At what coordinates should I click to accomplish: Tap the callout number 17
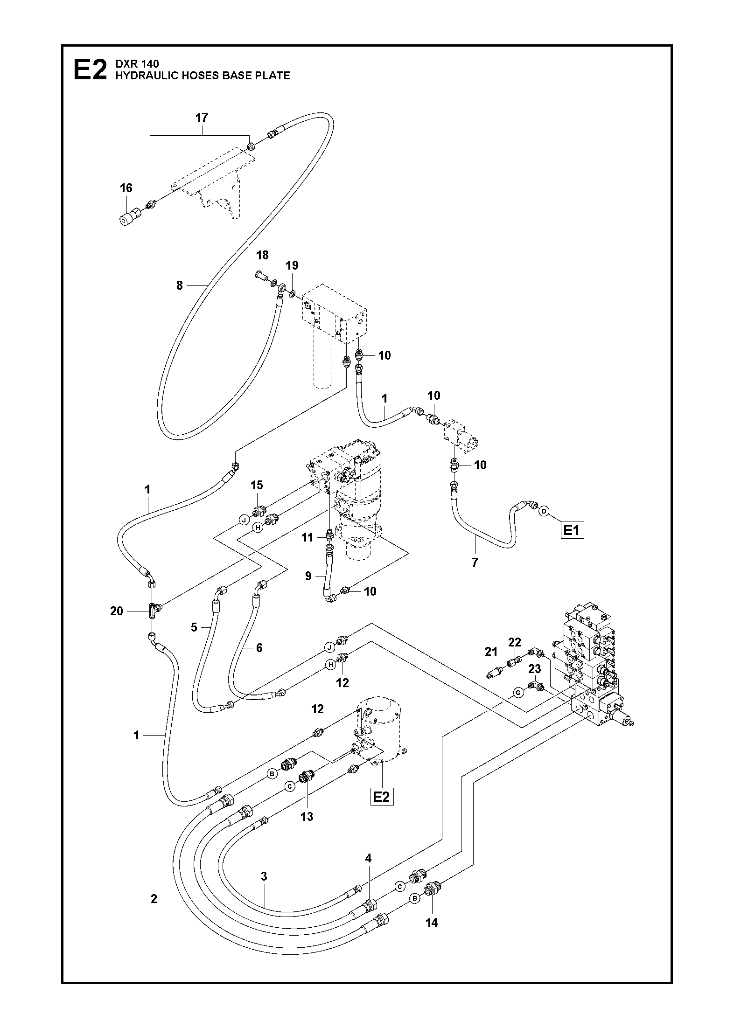point(202,118)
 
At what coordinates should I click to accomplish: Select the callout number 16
point(126,188)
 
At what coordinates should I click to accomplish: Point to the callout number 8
point(180,285)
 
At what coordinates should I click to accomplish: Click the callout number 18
point(263,255)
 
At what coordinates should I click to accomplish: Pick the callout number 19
point(292,266)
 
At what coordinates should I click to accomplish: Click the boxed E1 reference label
point(572,530)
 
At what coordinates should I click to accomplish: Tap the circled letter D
point(544,512)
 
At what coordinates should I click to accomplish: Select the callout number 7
point(475,563)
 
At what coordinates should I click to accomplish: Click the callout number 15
point(257,485)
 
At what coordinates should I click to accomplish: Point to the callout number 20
point(117,611)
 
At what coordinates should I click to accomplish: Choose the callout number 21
point(491,652)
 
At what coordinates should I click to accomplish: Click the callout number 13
point(307,817)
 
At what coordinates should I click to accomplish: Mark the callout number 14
point(432,922)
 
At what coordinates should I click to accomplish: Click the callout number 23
point(535,669)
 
